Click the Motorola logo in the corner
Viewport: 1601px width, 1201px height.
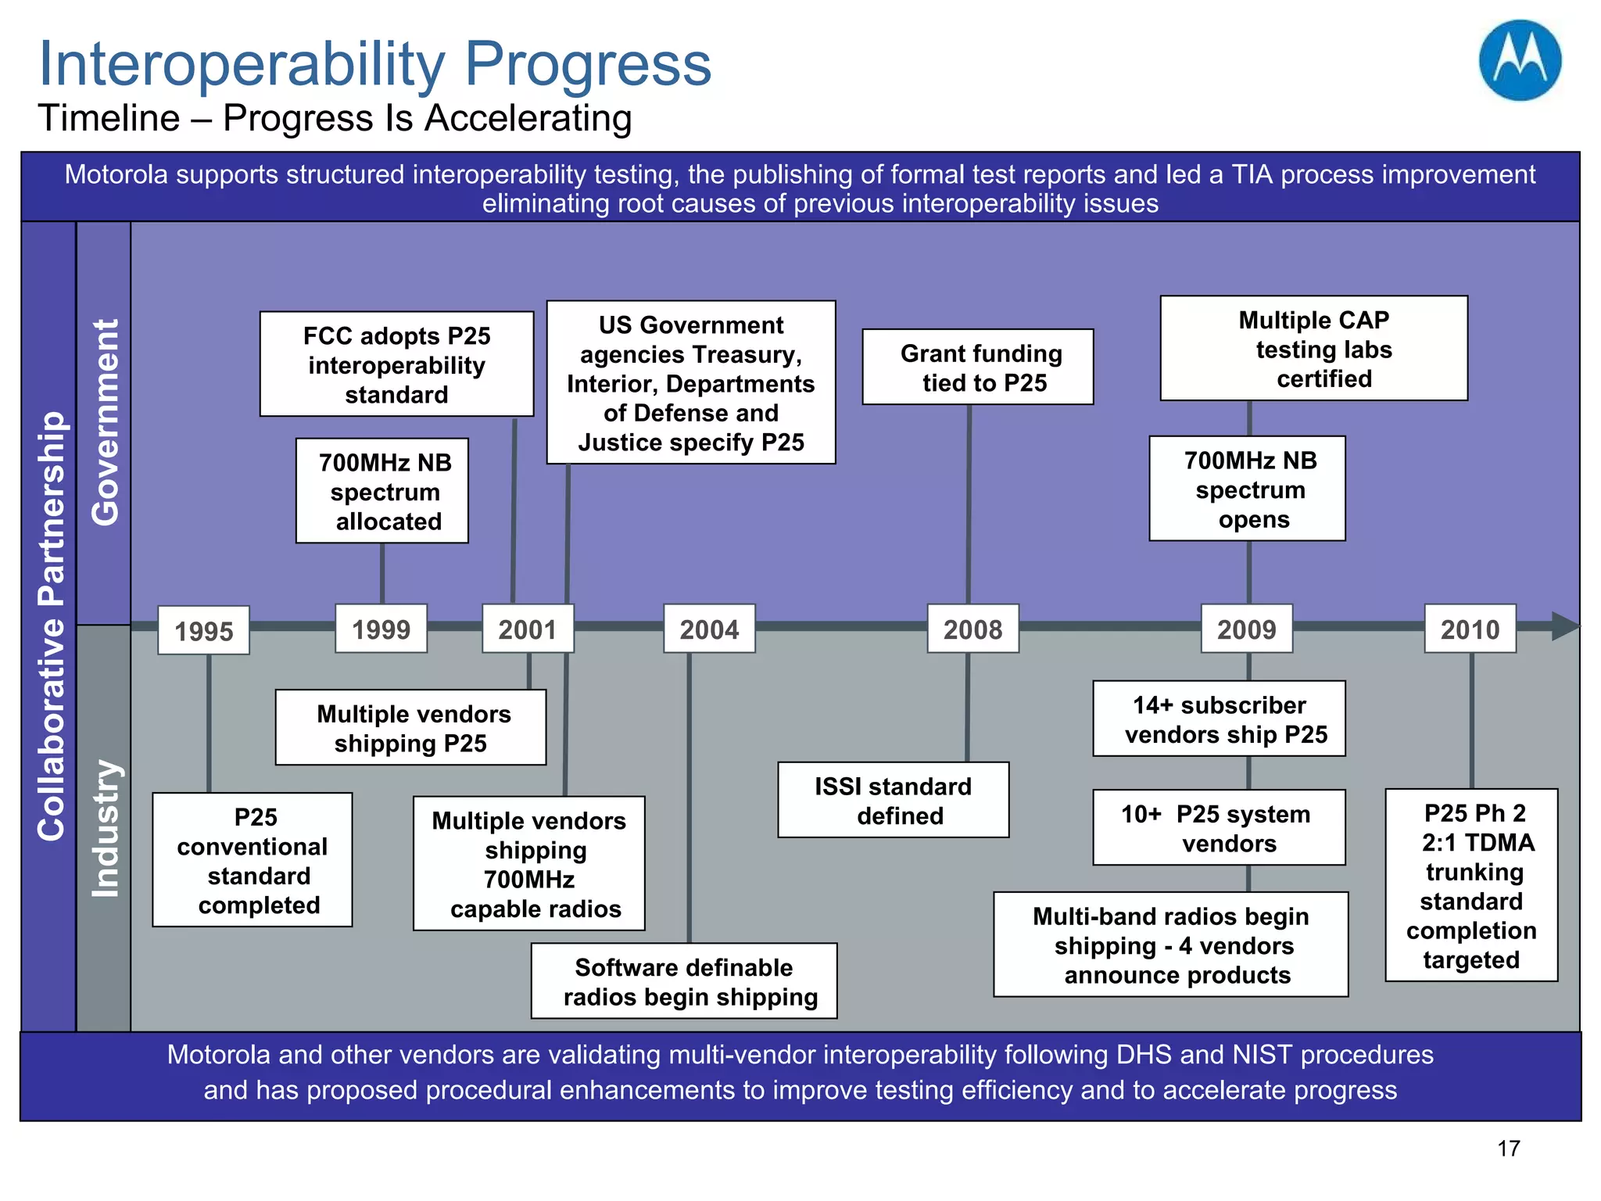pos(1520,61)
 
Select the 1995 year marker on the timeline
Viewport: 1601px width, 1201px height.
pos(203,630)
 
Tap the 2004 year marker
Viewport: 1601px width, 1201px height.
pos(709,629)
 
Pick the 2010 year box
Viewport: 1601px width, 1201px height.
pos(1470,629)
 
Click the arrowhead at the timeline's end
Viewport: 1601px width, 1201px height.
pos(1565,626)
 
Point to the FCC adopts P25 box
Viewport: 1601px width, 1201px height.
pos(396,364)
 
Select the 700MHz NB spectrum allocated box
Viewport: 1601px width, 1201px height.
pos(382,491)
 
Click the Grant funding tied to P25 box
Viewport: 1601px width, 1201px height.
pos(977,367)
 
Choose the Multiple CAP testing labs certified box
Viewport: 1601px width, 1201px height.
pos(1313,349)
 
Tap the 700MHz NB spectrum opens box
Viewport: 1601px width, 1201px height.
pos(1247,489)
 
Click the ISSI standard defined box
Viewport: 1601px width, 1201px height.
pos(893,800)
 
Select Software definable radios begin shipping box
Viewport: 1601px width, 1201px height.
pos(684,981)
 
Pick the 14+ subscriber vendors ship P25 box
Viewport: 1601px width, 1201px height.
pos(1219,719)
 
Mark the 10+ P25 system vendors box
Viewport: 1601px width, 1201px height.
pos(1219,827)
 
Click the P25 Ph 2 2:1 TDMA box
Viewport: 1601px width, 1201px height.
pos(1471,885)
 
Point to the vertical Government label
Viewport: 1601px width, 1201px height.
pos(104,422)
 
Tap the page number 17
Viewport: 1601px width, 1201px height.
pos(1508,1148)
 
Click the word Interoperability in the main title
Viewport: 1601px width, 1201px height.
pos(242,64)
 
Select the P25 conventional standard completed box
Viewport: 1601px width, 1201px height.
pos(253,860)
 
